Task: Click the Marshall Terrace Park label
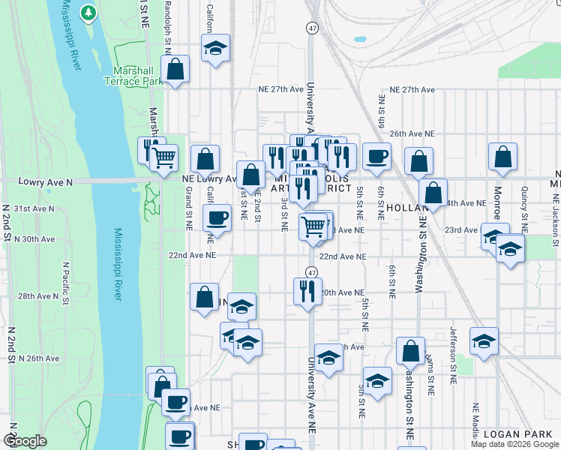click(x=137, y=75)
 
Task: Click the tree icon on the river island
click(x=88, y=13)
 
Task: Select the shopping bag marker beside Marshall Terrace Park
click(x=175, y=70)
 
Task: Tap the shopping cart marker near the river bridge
click(x=163, y=157)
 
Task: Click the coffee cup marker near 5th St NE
click(x=376, y=156)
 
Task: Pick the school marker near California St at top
click(x=216, y=49)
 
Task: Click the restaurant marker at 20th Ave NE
click(x=307, y=290)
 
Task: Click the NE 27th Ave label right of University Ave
click(x=408, y=90)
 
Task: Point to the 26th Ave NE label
click(x=412, y=133)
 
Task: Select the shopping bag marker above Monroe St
click(x=502, y=157)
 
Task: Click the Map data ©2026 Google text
click(x=514, y=444)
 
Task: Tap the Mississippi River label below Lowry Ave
click(x=118, y=265)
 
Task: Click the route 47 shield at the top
click(x=310, y=28)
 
